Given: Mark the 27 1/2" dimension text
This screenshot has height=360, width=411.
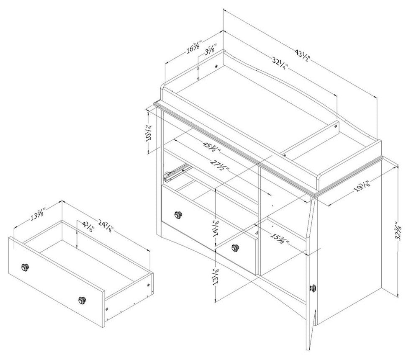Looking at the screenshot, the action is [x=220, y=165].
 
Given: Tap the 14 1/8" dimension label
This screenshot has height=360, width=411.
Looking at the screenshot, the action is [x=216, y=229].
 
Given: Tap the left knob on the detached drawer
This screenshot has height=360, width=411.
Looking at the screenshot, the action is [x=25, y=267].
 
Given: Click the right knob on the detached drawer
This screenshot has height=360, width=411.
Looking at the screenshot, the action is [x=82, y=300].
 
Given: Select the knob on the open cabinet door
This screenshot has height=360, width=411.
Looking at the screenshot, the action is [x=313, y=288].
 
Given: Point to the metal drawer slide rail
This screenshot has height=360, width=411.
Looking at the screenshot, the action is [x=176, y=172].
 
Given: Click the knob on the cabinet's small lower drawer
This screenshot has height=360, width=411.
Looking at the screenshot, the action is [x=235, y=247].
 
